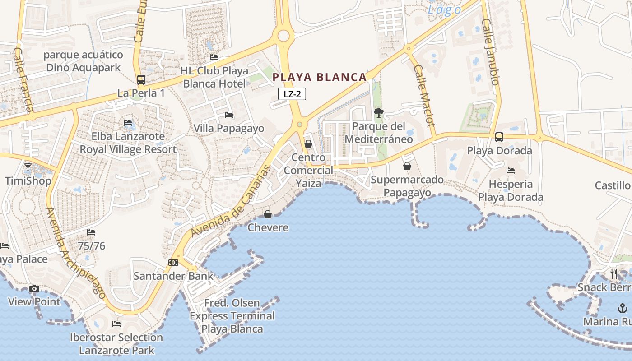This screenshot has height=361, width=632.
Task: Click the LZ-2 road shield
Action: coord(292,94)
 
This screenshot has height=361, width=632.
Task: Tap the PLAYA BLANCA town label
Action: coord(320,77)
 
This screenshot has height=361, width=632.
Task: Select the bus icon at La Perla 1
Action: coord(141,80)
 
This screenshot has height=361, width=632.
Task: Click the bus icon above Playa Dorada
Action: coord(499,137)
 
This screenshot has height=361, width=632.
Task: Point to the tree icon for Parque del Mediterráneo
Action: coord(378,113)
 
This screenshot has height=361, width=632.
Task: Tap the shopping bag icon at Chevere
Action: coord(268,214)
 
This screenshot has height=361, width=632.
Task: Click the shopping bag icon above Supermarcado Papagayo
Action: coord(407,166)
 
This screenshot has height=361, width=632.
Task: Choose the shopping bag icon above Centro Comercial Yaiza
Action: coord(308,144)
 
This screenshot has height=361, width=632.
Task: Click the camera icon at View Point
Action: coord(34,288)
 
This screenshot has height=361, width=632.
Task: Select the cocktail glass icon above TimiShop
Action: coord(28,167)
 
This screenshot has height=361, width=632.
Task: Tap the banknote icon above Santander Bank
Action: coord(173,263)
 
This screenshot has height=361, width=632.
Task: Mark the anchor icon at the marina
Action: coord(622,308)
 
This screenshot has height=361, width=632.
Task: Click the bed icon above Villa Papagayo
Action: coord(228,115)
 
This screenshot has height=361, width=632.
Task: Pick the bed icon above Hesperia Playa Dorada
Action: coord(511,171)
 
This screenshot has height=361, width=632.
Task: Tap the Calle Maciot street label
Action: coord(423,96)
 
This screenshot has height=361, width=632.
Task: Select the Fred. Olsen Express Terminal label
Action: coord(232,316)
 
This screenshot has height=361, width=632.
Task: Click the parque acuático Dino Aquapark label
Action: coord(84,61)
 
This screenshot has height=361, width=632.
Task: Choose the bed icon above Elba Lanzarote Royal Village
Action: coord(128,123)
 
